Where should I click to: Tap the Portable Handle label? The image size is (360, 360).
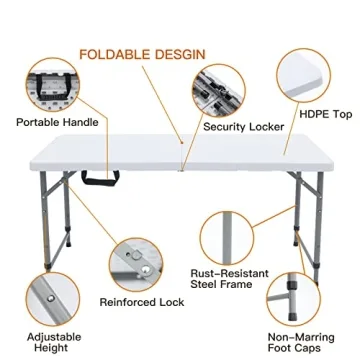57,123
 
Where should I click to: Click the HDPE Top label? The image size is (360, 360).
326,115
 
